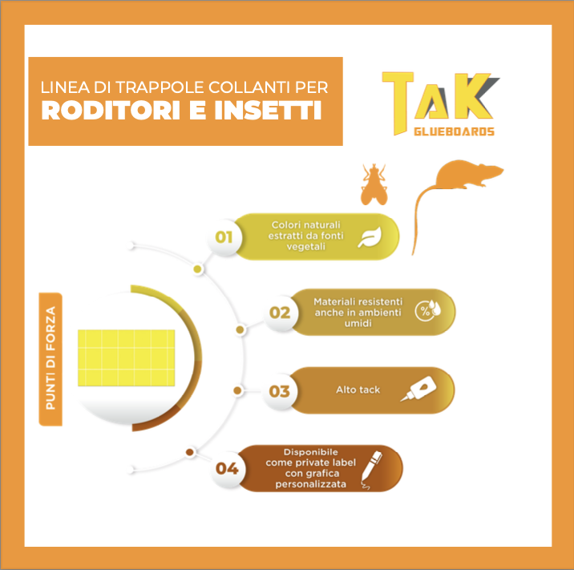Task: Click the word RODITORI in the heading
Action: [111, 110]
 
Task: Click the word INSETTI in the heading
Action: [268, 110]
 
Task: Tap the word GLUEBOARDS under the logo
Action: [454, 131]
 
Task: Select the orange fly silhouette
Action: [374, 184]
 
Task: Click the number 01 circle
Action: [224, 237]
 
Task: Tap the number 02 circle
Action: [280, 313]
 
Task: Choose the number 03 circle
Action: [279, 391]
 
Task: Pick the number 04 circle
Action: [227, 468]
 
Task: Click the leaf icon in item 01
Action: [370, 237]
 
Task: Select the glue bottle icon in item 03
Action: [418, 389]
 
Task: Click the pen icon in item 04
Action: [371, 470]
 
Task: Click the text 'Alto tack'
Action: [358, 390]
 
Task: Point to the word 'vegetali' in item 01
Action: [306, 247]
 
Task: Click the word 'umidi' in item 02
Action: [358, 323]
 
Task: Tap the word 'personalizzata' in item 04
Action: [311, 484]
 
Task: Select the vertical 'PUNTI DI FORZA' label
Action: [51, 359]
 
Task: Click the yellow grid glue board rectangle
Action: [127, 358]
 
